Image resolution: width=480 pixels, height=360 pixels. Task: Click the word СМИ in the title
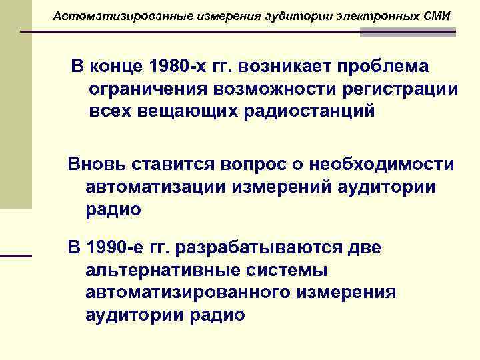[x=436, y=15]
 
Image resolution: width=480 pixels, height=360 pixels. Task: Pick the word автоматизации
[x=155, y=187]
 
